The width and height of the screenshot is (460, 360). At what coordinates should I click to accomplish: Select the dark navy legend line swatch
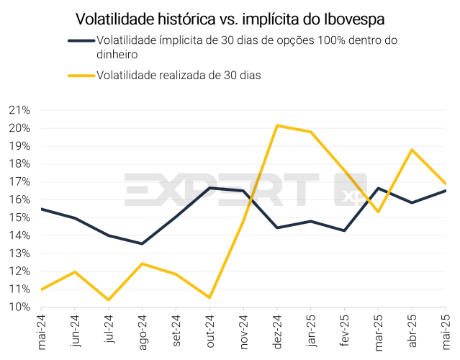coord(81,40)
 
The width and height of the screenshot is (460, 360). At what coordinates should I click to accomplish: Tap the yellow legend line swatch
coord(81,75)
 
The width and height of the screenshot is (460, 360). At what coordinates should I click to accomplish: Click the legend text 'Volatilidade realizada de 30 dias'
coord(179,75)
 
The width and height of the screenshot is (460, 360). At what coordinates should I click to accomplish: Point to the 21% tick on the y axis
coord(19,110)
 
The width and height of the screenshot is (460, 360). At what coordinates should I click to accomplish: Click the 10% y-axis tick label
coord(19,307)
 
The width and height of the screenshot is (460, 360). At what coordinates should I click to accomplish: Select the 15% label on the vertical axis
coord(19,217)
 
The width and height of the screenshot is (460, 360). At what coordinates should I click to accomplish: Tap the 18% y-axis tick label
coord(19,163)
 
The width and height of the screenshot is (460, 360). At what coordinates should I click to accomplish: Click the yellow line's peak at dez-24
coord(277,125)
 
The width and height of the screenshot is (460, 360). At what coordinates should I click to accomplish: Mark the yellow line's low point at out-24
coord(209,297)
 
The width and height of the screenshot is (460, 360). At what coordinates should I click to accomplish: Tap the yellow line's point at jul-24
coord(108,300)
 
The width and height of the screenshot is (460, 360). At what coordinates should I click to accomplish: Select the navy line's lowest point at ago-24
coord(142,243)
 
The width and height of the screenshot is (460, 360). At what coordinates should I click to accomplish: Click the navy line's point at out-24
coord(209,188)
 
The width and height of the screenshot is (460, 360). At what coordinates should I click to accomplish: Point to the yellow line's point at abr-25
coord(412,150)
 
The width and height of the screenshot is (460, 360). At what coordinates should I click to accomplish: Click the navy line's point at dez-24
coord(277,228)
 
